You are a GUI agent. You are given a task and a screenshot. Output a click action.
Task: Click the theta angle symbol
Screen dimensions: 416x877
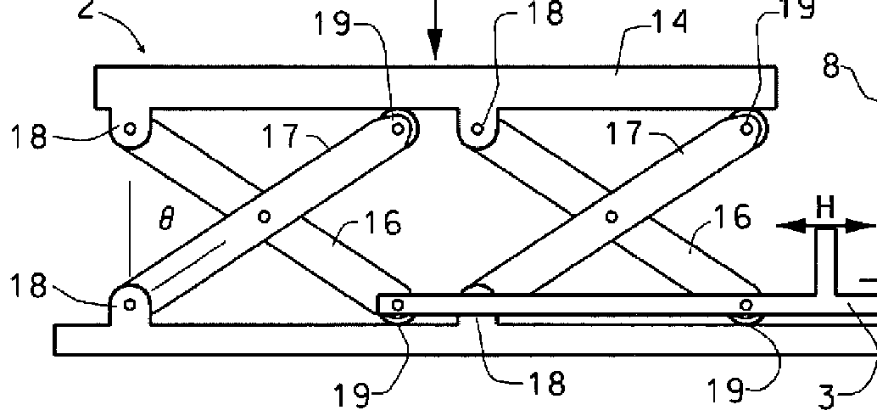click(x=167, y=221)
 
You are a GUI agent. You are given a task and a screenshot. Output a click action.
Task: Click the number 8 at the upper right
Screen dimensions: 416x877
click(x=834, y=65)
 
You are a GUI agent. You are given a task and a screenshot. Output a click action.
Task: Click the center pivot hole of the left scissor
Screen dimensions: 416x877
click(x=265, y=216)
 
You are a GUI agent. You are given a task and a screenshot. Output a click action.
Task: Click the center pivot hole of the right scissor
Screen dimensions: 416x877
click(x=610, y=216)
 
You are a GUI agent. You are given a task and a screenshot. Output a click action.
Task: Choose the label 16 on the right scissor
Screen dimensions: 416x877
click(x=732, y=217)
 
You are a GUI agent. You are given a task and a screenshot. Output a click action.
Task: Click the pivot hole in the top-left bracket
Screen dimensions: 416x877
click(x=130, y=129)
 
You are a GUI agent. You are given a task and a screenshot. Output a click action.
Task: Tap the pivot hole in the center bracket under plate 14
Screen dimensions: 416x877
click(x=478, y=129)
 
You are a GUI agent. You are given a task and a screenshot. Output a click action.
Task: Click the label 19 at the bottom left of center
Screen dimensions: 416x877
click(x=351, y=393)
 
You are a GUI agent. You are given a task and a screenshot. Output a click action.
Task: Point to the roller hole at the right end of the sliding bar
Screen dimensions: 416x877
click(x=746, y=305)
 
